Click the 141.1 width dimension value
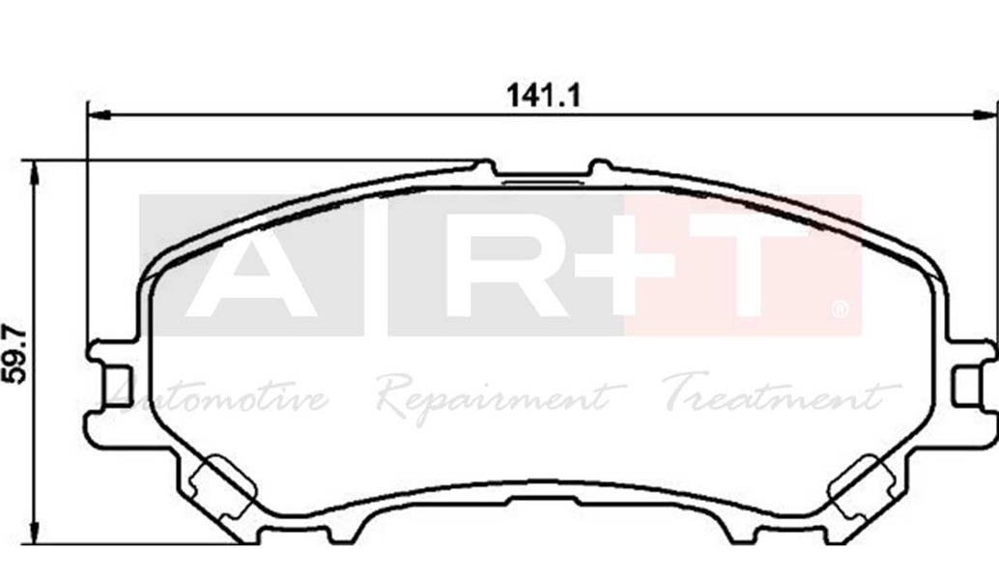(x=542, y=95)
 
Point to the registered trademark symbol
(x=840, y=310)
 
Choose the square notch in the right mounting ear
(x=967, y=386)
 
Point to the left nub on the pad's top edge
(x=485, y=168)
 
